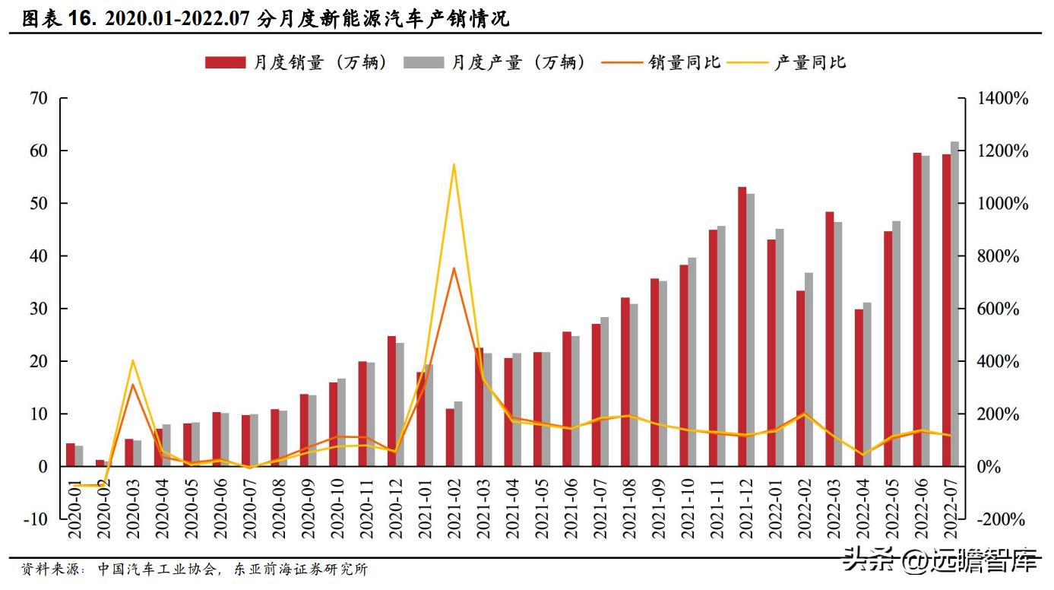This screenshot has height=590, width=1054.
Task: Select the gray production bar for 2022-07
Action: (954, 304)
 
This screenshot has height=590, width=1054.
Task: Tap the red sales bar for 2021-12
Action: (742, 327)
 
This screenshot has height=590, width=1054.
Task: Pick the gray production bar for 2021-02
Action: (457, 433)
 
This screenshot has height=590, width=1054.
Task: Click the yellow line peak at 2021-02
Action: (454, 164)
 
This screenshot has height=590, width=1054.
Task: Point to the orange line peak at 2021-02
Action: (454, 268)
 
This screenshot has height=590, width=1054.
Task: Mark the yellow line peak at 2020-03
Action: (133, 360)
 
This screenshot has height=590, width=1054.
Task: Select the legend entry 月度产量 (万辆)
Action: (495, 63)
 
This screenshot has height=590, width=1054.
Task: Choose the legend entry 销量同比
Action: (660, 63)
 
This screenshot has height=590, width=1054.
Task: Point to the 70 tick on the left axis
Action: (39, 98)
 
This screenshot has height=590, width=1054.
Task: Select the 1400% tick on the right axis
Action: (1002, 99)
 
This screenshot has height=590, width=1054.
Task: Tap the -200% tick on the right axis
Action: (1002, 520)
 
